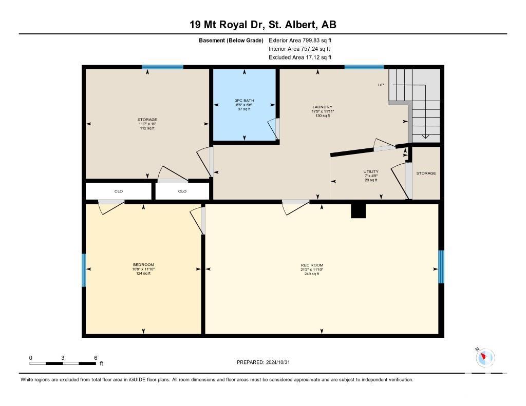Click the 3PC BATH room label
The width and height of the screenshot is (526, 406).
coord(244,101)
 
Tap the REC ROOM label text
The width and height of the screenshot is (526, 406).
coord(312,265)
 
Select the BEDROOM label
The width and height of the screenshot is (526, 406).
coord(143,265)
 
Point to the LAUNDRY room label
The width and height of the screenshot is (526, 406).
coord(323,107)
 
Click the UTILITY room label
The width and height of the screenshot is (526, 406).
coord(371,171)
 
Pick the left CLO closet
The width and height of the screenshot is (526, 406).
coord(119,191)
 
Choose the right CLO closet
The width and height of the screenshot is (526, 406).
coord(182,191)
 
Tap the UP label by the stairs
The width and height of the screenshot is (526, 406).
coord(381,85)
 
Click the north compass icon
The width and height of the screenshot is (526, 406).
coord(485,357)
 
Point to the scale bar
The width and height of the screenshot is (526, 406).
coord(63,363)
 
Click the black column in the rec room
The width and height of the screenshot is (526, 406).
coord(358,211)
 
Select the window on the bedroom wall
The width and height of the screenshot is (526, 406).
coord(84,270)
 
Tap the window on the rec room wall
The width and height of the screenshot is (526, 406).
coord(441,267)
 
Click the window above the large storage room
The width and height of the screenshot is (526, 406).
coord(163,67)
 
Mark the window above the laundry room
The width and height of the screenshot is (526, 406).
coord(364,67)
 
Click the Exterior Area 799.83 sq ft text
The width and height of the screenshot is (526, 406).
coord(300,41)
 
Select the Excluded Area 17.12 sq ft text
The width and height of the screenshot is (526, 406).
coord(300,57)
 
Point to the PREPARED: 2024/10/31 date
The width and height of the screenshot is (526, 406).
coord(264,362)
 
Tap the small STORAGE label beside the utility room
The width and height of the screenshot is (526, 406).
coord(426,173)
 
